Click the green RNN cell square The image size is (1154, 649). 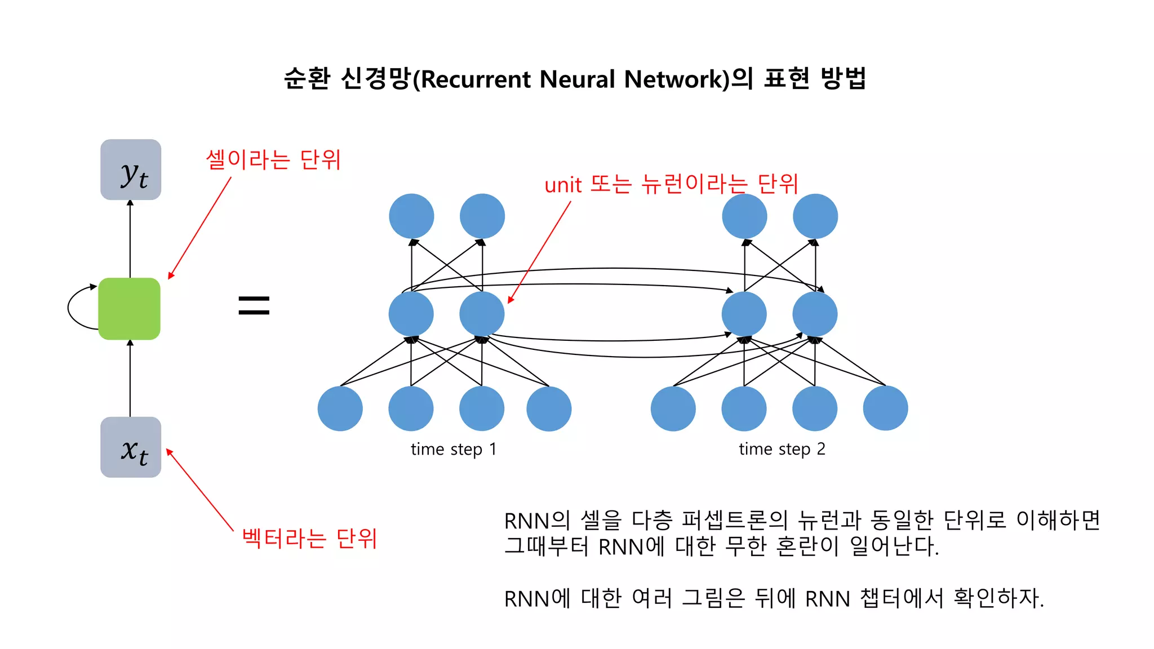[x=129, y=308]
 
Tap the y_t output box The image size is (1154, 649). [x=131, y=170]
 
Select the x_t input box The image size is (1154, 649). [x=131, y=447]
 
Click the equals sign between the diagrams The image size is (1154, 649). [x=254, y=305]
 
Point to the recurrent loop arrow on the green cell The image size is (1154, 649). [x=71, y=307]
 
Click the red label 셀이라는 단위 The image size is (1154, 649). [x=273, y=159]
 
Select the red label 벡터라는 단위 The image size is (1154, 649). [x=309, y=538]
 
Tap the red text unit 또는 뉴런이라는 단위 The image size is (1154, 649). [x=671, y=184]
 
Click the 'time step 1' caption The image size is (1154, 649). [x=453, y=449]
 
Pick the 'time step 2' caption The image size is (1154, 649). [x=782, y=449]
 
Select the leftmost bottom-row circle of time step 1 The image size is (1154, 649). [x=340, y=408]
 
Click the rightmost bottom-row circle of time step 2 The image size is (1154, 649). [x=885, y=408]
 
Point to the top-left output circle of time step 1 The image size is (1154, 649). [x=411, y=216]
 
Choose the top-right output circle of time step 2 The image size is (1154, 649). [x=815, y=216]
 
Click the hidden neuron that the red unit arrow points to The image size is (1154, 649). [x=482, y=314]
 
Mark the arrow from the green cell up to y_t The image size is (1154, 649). [x=130, y=239]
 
